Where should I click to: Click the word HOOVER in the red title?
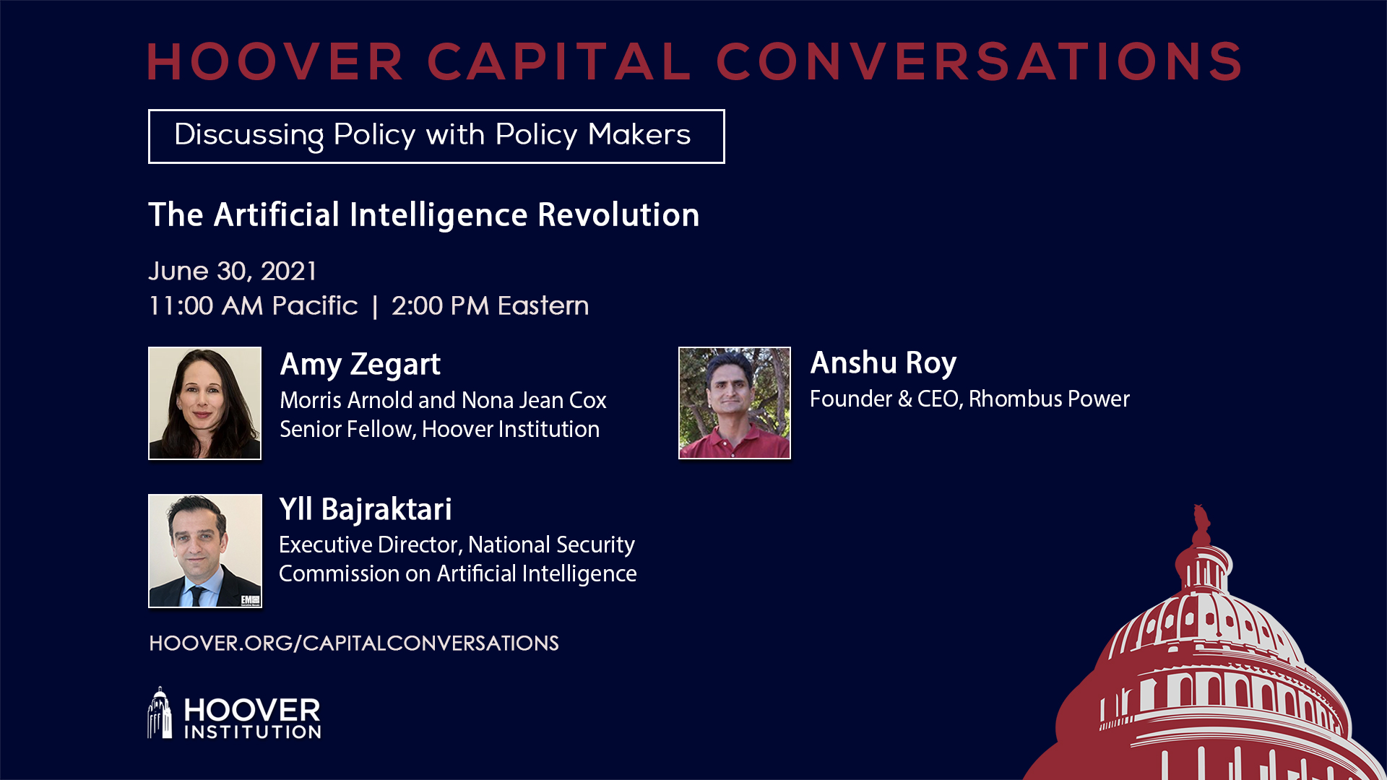tap(275, 61)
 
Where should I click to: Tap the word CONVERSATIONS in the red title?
tap(980, 61)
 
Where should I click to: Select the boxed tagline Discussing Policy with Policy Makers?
tap(436, 136)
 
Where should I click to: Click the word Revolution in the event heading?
tap(618, 214)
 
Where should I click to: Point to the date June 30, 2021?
tap(233, 272)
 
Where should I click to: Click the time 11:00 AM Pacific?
tap(253, 305)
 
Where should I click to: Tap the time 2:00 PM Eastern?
tap(490, 305)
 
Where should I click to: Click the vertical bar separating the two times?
tap(375, 306)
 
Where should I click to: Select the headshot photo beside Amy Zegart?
tap(204, 403)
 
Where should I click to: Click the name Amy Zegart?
tap(360, 365)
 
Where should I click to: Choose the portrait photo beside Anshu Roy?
tap(735, 402)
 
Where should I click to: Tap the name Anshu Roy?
tap(883, 363)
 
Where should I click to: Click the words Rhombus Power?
tap(1049, 399)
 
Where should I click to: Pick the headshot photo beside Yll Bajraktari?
tap(205, 550)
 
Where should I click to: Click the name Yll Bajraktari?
tap(366, 509)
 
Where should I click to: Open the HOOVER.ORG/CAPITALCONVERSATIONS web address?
tap(354, 643)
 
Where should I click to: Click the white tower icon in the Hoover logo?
tap(160, 713)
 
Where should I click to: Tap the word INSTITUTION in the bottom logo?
tap(253, 732)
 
